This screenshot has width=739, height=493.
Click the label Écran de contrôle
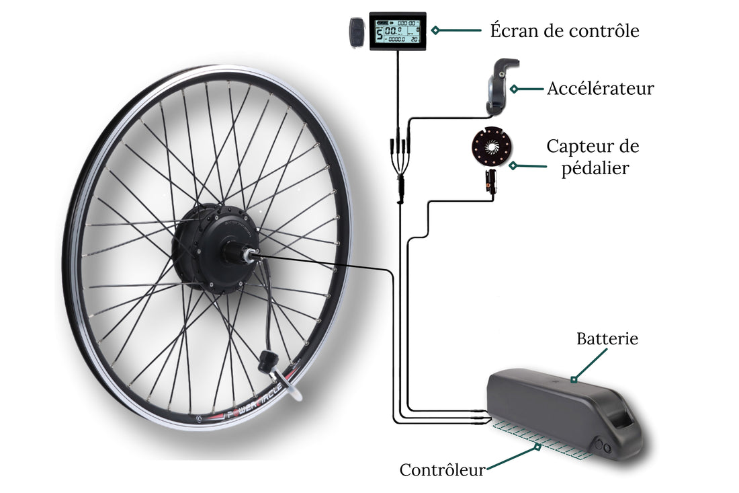coord(564,30)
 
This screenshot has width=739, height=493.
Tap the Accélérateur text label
coord(600,88)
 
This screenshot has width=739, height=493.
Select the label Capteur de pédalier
coord(593,156)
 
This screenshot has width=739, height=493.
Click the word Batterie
coord(607,338)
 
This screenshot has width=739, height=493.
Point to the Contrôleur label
coord(442,469)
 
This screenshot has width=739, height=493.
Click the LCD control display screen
coord(398,31)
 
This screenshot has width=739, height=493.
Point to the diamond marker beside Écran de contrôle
coord(435,30)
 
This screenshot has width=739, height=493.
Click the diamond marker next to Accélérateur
coord(513,88)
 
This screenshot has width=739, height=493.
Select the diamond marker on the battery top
coord(574,379)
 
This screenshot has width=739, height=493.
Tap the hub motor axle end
coord(249,254)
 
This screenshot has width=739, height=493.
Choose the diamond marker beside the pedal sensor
coord(513,165)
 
